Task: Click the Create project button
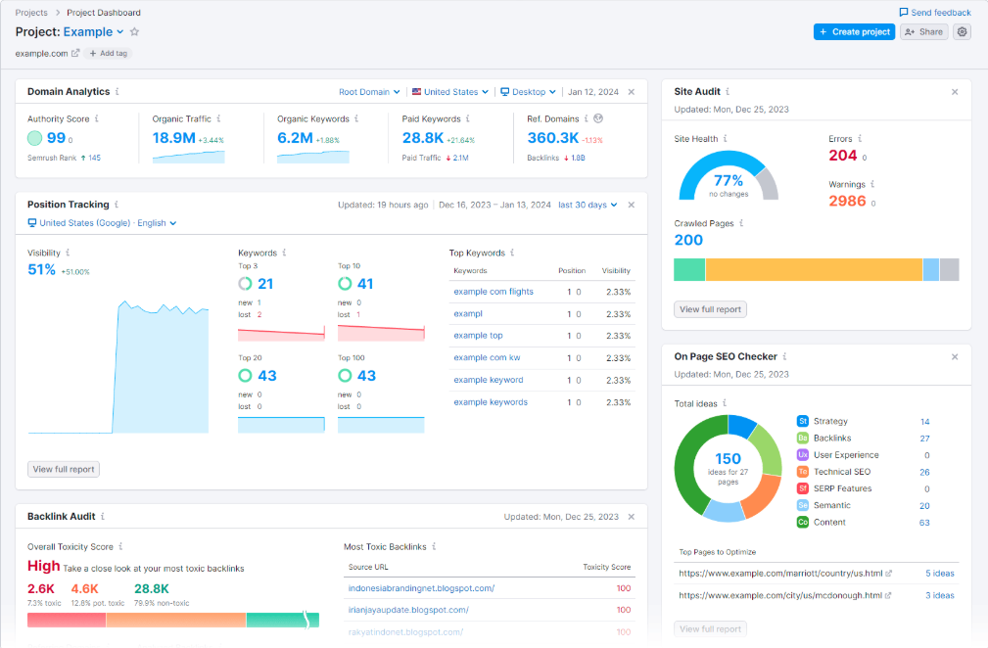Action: (x=854, y=31)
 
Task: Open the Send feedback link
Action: (x=935, y=13)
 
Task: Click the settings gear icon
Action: (x=963, y=31)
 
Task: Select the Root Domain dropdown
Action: (x=369, y=92)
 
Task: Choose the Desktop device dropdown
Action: (x=528, y=92)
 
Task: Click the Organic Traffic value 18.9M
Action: (x=174, y=138)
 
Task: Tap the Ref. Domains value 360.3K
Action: (x=553, y=138)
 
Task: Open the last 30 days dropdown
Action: (x=588, y=206)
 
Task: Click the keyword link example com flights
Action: (x=494, y=292)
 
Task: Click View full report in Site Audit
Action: (x=710, y=309)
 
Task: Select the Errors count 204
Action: (x=842, y=156)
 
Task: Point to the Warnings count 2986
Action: (x=847, y=201)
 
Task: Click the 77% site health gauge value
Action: (x=729, y=181)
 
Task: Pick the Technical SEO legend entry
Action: (x=840, y=472)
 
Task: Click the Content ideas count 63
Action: (x=924, y=523)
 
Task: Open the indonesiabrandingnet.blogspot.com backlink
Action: (x=421, y=588)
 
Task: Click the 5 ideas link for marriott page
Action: (x=939, y=574)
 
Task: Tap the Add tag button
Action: (x=108, y=53)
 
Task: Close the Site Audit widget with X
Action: (x=955, y=92)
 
